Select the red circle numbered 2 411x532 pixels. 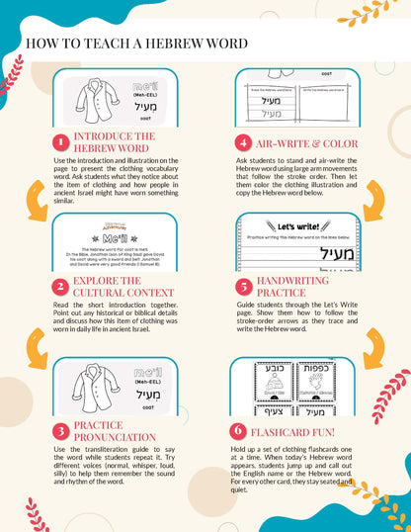(60, 287)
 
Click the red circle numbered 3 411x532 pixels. (60, 432)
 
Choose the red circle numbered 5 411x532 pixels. (243, 287)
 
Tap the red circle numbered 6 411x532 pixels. (237, 432)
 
